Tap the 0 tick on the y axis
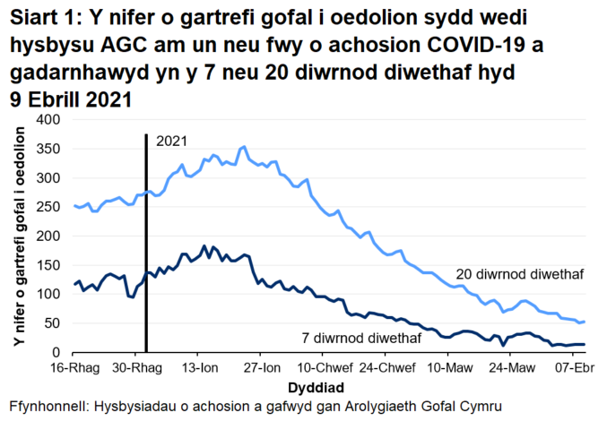click(x=56, y=353)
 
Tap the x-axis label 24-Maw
click(x=507, y=369)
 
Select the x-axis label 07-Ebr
click(x=568, y=369)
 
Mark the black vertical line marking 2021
click(x=145, y=242)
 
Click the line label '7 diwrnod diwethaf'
click(x=361, y=338)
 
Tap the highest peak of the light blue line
click(x=244, y=146)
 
